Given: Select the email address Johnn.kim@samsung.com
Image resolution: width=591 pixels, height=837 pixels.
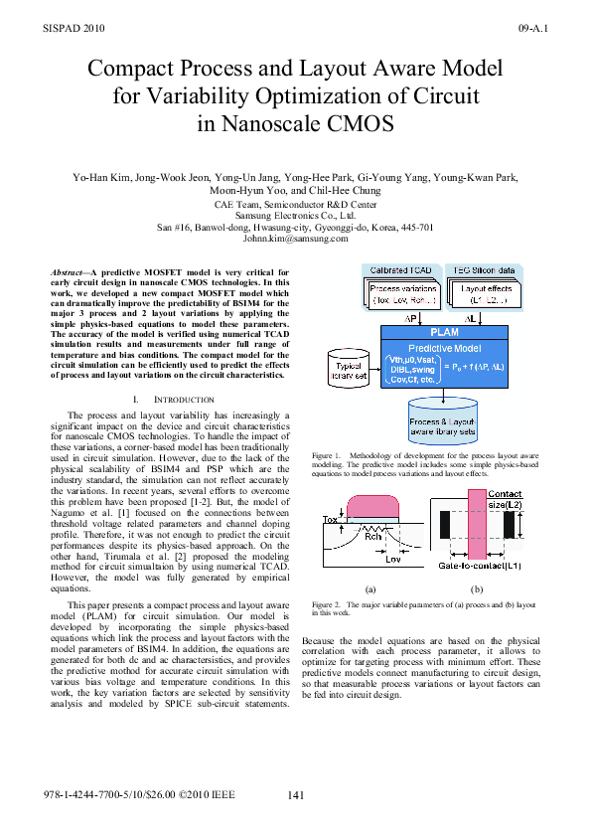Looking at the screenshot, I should point(295,239).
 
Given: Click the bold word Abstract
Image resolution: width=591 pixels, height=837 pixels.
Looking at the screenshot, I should point(72,270).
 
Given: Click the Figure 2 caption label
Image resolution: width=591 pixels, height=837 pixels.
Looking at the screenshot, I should point(327,603).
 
